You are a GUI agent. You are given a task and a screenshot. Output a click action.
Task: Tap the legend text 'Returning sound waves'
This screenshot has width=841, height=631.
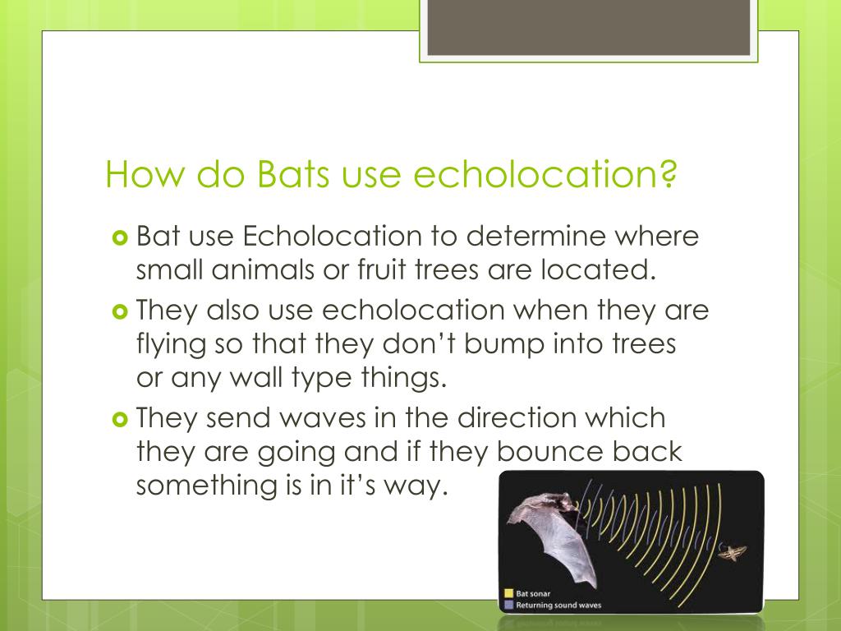[558, 606]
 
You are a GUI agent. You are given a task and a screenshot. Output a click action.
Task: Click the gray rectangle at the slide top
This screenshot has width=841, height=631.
[588, 28]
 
